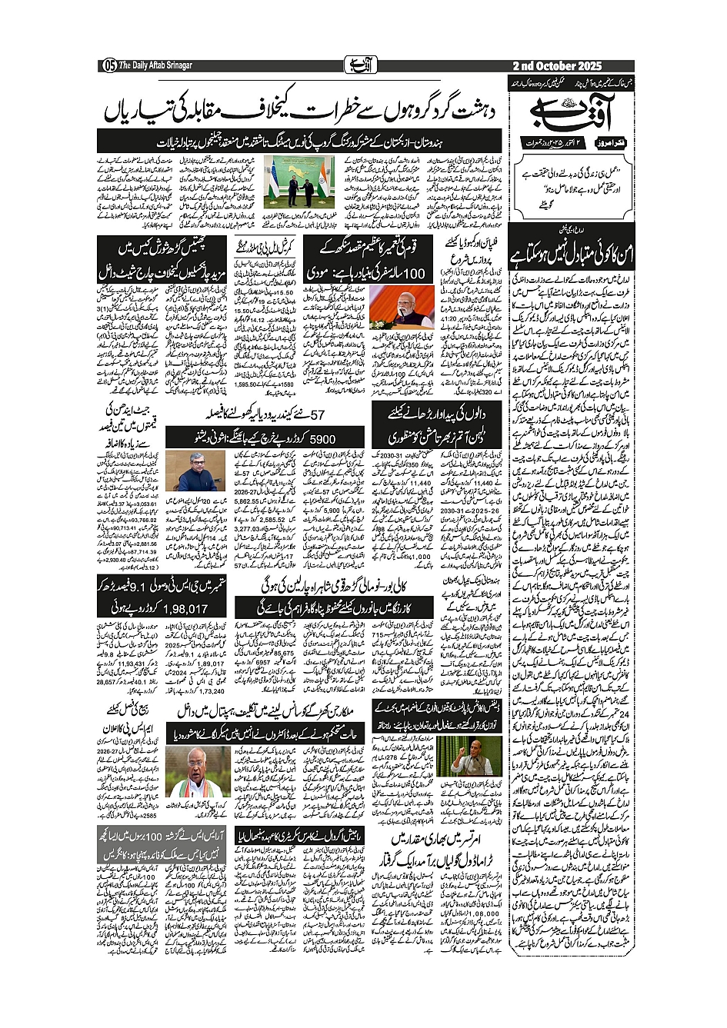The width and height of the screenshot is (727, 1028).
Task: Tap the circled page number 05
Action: point(109,66)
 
